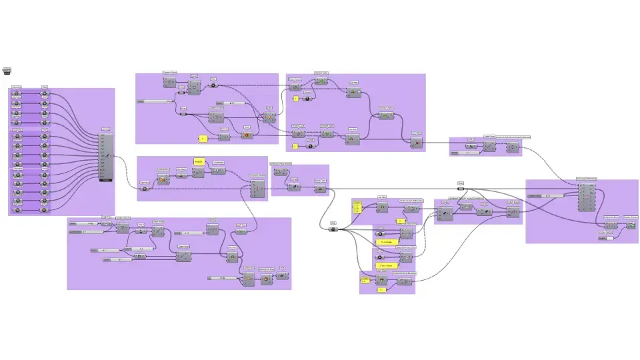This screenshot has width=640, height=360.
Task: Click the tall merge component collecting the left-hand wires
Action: point(106,157)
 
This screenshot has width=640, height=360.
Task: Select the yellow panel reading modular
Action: point(199,162)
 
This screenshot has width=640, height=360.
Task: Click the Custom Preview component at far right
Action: point(631,225)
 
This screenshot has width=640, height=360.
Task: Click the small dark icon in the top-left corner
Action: point(7,71)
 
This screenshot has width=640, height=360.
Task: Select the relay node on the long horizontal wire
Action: point(460,188)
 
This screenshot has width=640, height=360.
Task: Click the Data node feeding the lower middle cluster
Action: point(333,229)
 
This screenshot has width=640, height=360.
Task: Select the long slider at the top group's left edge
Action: point(154,101)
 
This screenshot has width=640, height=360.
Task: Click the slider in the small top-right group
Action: point(464,153)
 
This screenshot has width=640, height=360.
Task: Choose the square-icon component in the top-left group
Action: point(169,83)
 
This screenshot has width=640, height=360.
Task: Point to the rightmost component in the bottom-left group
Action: point(283,275)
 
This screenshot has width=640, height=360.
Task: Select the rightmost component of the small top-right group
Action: point(512,147)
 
